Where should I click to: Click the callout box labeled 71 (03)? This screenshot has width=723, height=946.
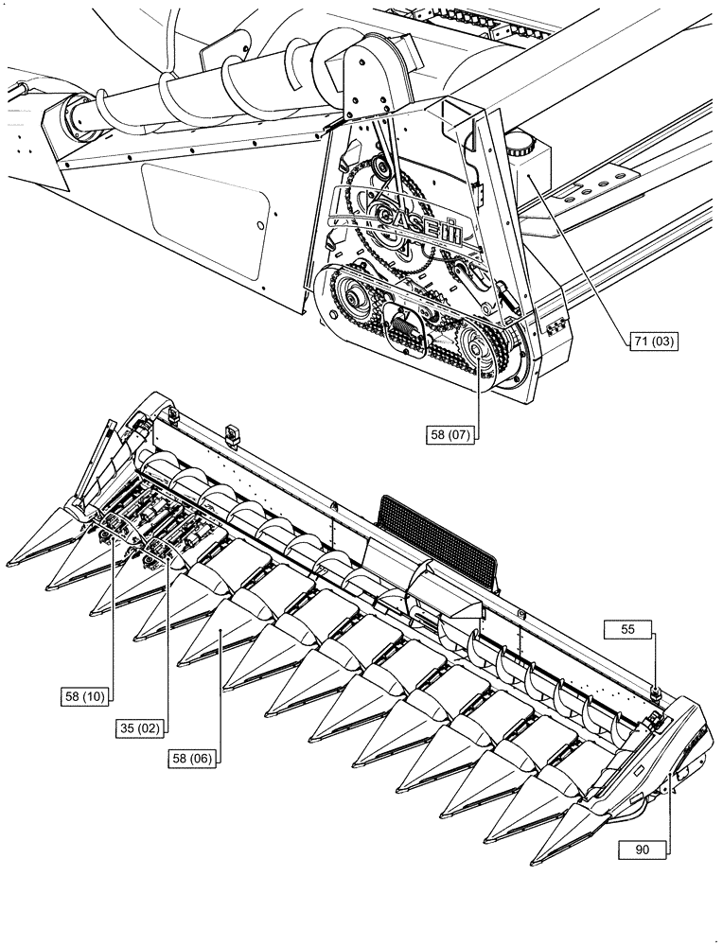(x=652, y=342)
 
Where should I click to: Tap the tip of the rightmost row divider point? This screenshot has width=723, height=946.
(x=537, y=860)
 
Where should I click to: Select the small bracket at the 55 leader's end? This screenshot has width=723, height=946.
(x=654, y=695)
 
